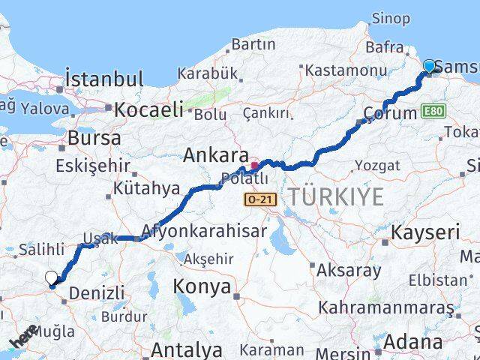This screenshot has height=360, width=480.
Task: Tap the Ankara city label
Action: click(x=216, y=156)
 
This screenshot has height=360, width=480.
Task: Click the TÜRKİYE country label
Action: click(x=336, y=197)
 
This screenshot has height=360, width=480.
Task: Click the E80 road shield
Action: click(x=433, y=112)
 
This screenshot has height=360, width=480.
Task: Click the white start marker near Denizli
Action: click(x=51, y=278)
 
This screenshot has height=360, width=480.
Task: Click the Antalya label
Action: click(x=186, y=349)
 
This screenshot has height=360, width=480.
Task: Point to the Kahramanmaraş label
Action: click(x=385, y=307)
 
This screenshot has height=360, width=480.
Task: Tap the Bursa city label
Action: click(x=94, y=138)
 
